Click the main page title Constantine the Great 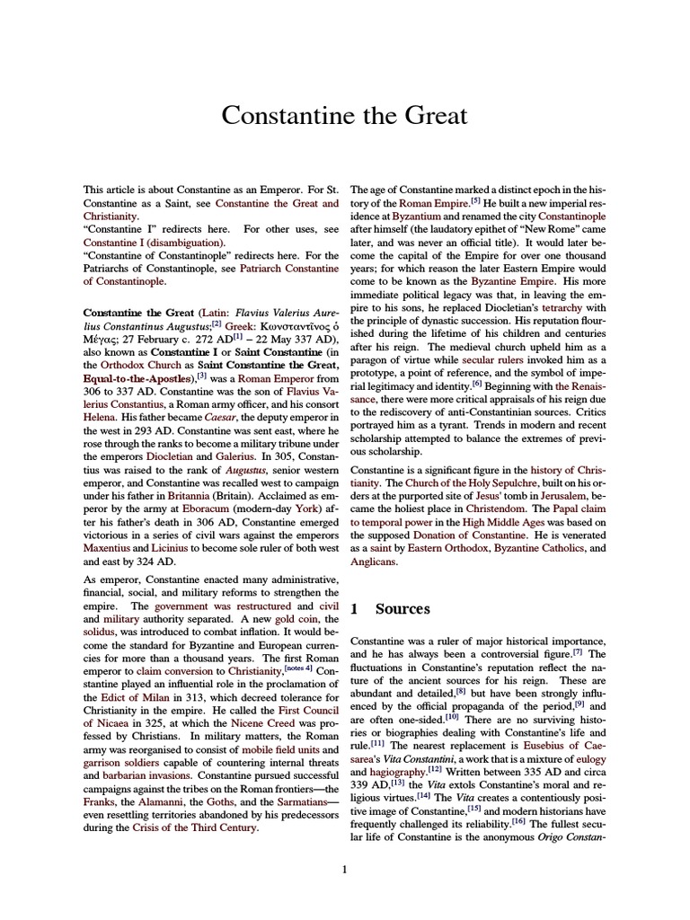[x=344, y=116]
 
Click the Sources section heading [x=402, y=608]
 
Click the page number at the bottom [x=344, y=869]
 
